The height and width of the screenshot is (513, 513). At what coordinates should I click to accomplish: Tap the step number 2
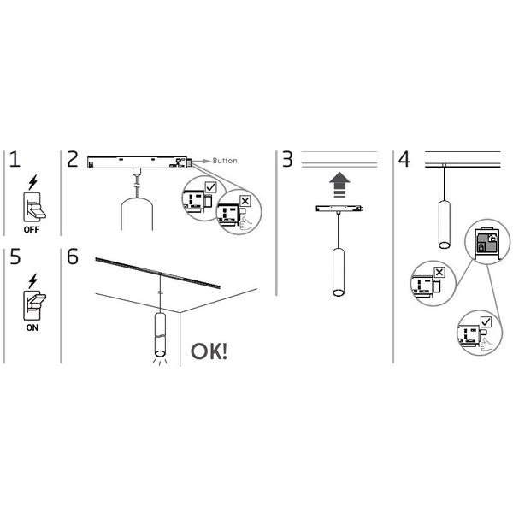tap(72, 160)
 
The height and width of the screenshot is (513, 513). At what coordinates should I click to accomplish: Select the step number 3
tap(287, 160)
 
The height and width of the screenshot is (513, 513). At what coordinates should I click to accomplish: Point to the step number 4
tap(404, 160)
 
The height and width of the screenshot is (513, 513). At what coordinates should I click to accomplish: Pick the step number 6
tap(72, 258)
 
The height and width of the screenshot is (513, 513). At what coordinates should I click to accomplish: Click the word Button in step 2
tap(224, 160)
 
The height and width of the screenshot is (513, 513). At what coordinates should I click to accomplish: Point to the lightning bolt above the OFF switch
tap(33, 182)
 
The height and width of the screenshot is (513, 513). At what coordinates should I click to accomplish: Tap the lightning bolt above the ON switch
tap(33, 280)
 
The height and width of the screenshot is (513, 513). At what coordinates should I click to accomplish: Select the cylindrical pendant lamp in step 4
tap(444, 224)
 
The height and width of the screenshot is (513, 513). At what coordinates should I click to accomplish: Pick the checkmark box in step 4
tap(486, 321)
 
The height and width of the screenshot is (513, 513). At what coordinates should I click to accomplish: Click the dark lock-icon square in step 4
tap(485, 243)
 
